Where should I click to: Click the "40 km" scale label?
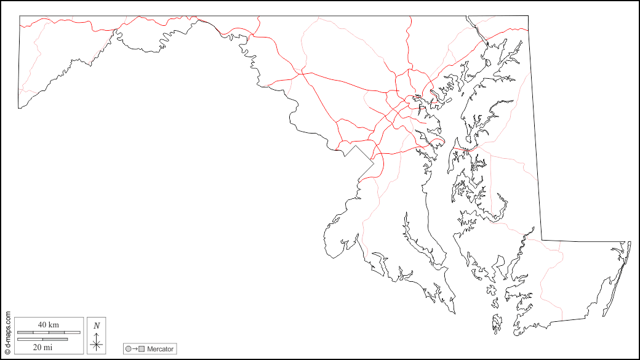coord(49,324)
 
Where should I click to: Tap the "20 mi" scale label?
coord(42,346)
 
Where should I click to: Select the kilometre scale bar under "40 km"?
coord(49,332)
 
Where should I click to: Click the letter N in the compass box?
coord(97,326)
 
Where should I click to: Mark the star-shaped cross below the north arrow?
coord(96,345)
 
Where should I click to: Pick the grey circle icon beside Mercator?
coord(129,349)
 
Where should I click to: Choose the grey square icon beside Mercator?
coord(142,349)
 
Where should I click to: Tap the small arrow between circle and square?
coord(135,349)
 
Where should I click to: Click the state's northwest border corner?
coord(20,16)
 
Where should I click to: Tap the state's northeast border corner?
coord(527,16)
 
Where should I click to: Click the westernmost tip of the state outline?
coord(18,108)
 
